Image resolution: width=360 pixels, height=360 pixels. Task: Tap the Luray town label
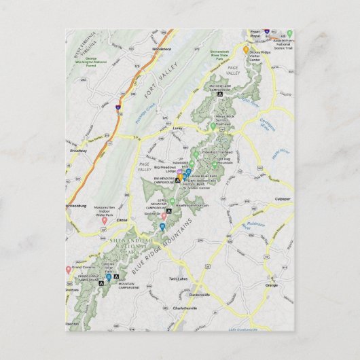point(179,127)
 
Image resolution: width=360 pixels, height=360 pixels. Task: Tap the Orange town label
point(272,285)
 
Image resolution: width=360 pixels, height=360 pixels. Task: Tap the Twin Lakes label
point(179,278)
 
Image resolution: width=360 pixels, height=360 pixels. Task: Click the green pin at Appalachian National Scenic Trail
point(289,33)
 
